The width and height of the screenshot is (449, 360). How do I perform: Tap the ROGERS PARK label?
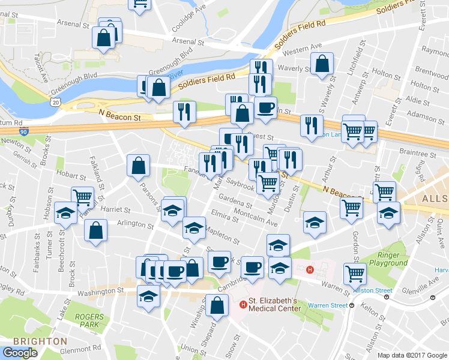89,320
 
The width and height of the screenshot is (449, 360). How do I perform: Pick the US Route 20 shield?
56,103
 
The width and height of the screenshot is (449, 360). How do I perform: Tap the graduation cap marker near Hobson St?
65,212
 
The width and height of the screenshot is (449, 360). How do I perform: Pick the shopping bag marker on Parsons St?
138,166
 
